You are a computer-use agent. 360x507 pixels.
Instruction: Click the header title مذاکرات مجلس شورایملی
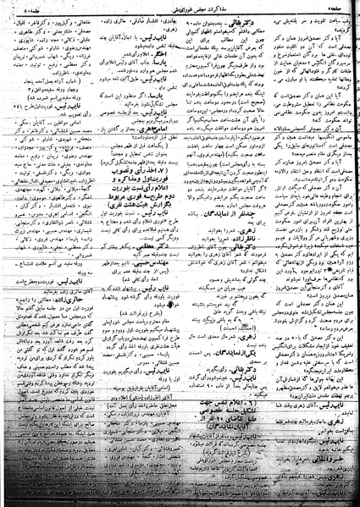coord(180,9)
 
